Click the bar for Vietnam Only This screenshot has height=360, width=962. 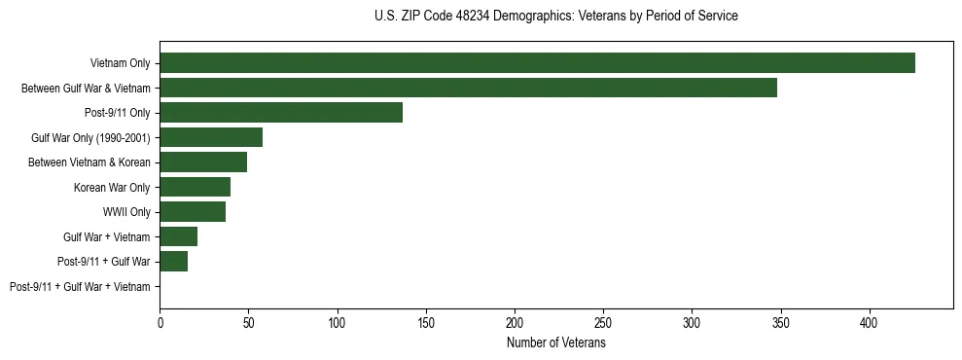pyautogui.click(x=537, y=63)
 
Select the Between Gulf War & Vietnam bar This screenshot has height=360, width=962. pyautogui.click(x=468, y=88)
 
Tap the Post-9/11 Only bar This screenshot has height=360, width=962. pyautogui.click(x=281, y=113)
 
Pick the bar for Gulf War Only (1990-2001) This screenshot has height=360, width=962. pyautogui.click(x=211, y=137)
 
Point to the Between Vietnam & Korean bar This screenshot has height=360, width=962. pyautogui.click(x=203, y=162)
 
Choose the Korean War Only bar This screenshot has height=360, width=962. pyautogui.click(x=195, y=187)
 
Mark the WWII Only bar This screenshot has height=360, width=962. pyautogui.click(x=193, y=212)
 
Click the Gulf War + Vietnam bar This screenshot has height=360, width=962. pyautogui.click(x=179, y=236)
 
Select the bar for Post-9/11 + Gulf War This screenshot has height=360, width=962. pyautogui.click(x=174, y=262)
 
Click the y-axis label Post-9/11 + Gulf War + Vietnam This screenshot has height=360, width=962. pyautogui.click(x=80, y=287)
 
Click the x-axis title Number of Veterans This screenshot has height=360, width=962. pyautogui.click(x=556, y=342)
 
